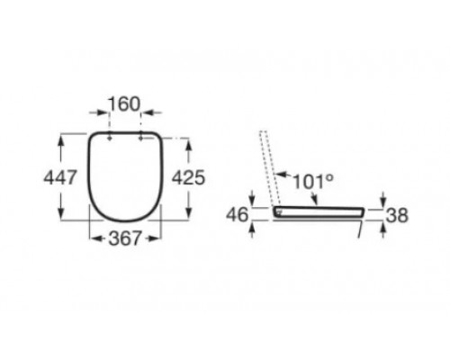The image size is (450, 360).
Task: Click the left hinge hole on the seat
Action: click(107, 138)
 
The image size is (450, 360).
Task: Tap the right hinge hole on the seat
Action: click(141, 138)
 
